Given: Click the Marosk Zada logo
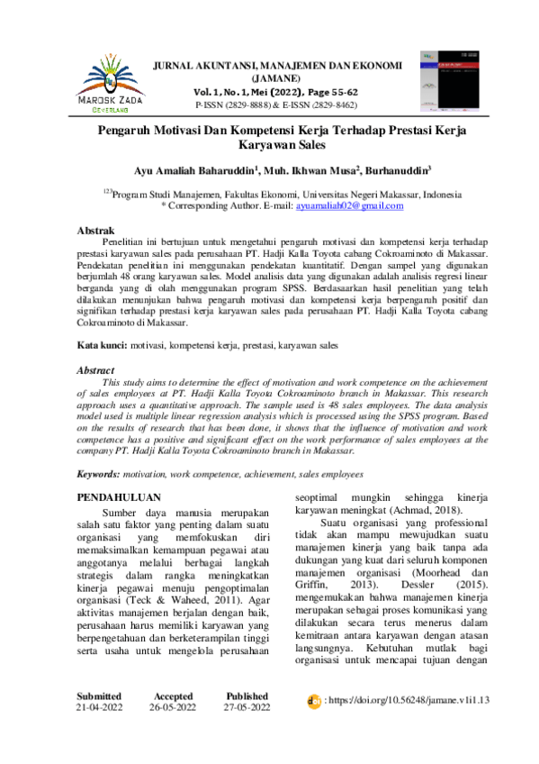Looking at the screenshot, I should tap(113, 82).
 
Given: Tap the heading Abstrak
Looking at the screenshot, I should tap(95, 232).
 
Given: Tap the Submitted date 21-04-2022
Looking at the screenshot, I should tap(101, 733).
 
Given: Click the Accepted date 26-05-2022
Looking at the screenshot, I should tap(173, 733).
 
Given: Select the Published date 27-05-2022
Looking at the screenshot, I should tap(247, 733).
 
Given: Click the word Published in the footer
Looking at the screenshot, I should tap(247, 722).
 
